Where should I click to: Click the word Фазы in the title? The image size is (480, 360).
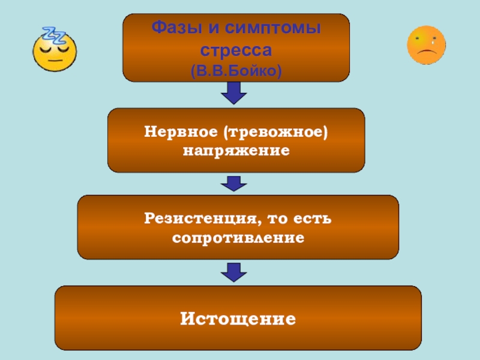173,28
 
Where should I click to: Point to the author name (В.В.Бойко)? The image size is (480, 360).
236,71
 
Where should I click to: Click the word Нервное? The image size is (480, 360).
181,130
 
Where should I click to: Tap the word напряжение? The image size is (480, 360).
236,150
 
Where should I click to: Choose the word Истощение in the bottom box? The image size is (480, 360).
238,318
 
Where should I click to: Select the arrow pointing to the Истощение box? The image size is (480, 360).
235,271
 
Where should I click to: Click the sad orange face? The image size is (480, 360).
427,44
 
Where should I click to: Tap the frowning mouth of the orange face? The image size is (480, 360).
427,53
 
